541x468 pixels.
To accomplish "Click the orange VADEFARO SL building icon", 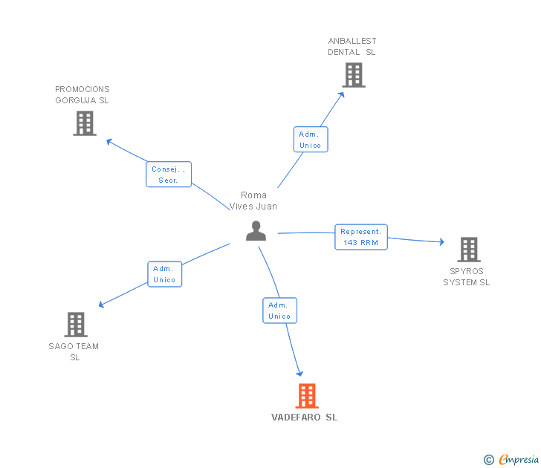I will tap(307, 396).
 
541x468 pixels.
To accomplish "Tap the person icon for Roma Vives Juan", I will tap(256, 231).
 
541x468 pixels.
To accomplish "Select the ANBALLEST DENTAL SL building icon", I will tap(354, 75).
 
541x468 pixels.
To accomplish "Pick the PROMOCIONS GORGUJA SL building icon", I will tap(85, 123).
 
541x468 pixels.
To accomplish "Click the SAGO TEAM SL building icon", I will tap(76, 325).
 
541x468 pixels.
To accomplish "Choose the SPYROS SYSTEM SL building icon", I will tap(468, 250).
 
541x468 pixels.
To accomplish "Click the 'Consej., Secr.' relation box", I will tap(169, 175).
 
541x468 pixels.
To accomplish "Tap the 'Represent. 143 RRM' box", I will tap(360, 237).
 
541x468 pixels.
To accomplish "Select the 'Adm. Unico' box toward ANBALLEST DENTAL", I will tap(310, 140).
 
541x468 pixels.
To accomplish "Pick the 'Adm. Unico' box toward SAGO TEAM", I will tap(164, 274).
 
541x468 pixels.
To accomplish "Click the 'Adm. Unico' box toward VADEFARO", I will tap(279, 311).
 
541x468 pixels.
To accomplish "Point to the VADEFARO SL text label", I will tap(305, 417).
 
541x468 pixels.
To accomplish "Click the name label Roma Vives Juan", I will tap(253, 201).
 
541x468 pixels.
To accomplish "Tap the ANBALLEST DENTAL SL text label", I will tap(352, 47).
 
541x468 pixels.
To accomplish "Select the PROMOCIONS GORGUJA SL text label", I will tap(82, 95).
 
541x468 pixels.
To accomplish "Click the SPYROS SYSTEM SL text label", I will tap(467, 276).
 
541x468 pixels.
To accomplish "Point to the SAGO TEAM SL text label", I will tap(74, 351).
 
